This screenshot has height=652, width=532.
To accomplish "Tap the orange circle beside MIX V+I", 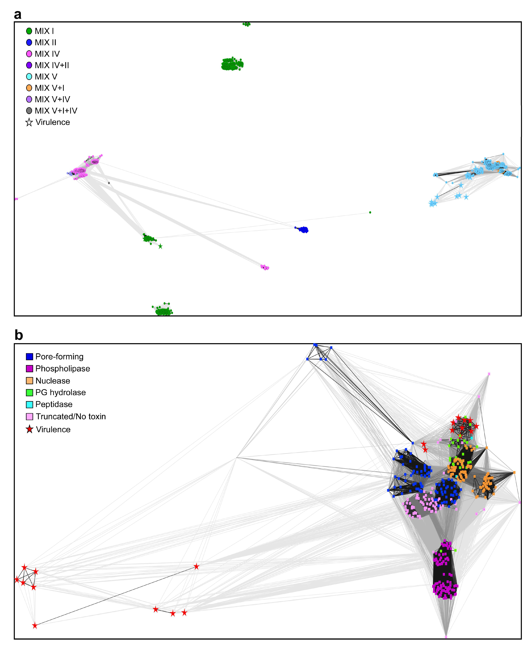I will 29,88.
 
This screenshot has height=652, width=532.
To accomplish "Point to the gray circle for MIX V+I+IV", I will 29,111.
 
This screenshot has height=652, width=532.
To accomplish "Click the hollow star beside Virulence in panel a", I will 29,122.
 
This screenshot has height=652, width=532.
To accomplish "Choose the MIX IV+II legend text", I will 52,65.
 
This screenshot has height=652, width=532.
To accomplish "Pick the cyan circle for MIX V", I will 29,77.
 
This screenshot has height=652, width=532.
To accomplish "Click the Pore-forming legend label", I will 59,356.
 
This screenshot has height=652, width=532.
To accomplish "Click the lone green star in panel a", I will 160,246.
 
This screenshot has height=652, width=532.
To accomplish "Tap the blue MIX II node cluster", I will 303,230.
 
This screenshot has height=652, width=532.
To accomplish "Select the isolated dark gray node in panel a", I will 109,183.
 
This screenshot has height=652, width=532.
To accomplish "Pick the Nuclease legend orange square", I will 29,381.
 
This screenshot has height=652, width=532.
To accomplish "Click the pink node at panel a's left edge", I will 16,199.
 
